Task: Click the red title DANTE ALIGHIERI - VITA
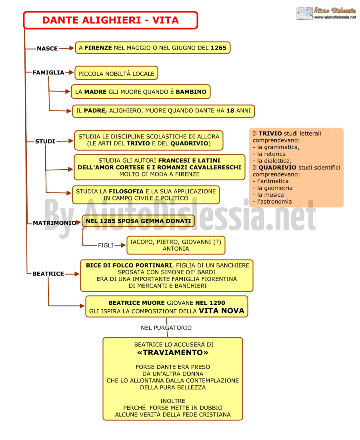pos(110,20)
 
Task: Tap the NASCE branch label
pos(47,48)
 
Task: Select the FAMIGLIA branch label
pos(48,73)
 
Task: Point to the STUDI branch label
pos(45,142)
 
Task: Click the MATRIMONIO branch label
pos(54,223)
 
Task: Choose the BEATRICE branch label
pos(48,274)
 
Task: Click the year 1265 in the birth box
pos(218,48)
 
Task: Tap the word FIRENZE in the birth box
pos(98,48)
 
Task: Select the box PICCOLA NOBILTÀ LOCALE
pos(116,73)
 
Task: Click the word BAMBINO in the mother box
pos(191,92)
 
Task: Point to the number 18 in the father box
pos(230,110)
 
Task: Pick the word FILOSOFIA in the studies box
pos(126,191)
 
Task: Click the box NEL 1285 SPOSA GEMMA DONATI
pos(138,221)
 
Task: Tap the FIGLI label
pos(106,246)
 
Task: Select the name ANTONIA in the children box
pos(176,249)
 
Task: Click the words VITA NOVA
pos(221,311)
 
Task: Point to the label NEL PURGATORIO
pos(166,328)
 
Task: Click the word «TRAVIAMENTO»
pos(172,352)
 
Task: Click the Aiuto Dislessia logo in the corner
pos(326,13)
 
